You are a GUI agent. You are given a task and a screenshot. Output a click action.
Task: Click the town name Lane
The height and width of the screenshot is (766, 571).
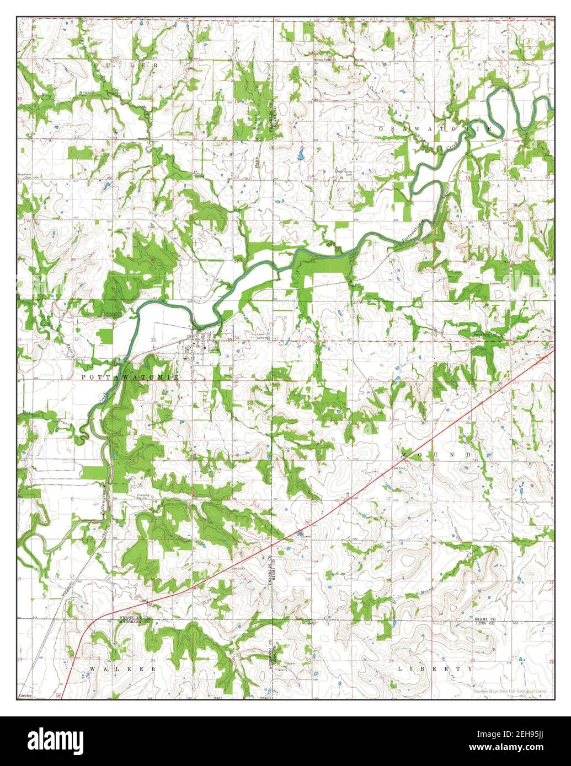click(212, 349)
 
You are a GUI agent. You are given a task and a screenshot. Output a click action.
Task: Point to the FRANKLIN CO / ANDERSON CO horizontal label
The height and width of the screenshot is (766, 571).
click(135, 619)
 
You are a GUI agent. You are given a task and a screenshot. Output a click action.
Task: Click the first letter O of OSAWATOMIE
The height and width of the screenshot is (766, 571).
click(382, 128)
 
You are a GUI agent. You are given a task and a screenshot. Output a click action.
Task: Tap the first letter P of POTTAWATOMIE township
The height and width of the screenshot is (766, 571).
click(84, 377)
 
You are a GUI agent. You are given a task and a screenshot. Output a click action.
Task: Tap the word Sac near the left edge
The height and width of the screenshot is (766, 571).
click(26, 412)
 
